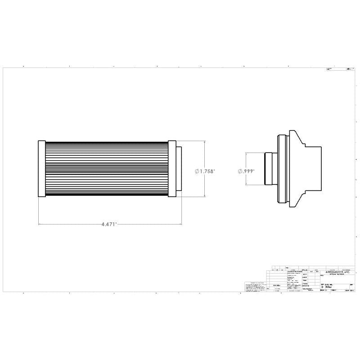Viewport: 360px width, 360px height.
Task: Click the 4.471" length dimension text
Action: [x=109, y=224]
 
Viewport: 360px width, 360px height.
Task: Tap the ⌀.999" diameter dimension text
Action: [x=246, y=171]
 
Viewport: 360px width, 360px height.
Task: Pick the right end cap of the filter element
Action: [x=172, y=168]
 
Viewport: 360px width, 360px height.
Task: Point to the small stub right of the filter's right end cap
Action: [x=179, y=168]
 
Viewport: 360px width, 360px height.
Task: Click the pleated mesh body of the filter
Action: [x=107, y=168]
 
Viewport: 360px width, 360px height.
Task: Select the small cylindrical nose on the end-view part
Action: [x=270, y=168]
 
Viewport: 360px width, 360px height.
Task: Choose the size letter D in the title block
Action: [x=322, y=287]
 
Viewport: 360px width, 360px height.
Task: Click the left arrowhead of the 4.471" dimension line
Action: [x=40, y=224]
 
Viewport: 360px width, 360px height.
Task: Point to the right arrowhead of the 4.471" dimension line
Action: [x=180, y=224]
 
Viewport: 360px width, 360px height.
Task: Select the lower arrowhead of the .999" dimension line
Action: [x=246, y=183]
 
